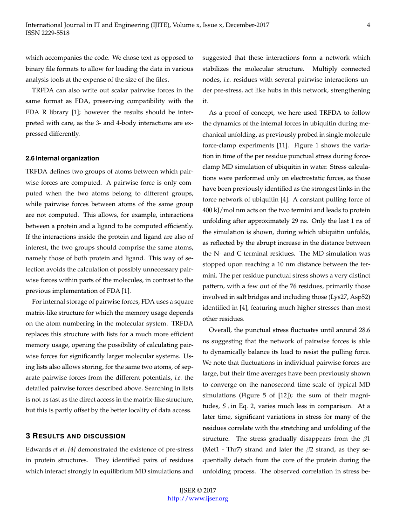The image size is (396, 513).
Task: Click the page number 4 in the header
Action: pos(368,25)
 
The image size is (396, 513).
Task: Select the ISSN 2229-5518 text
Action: pos(48,33)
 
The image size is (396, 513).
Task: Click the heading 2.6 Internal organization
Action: pos(62,158)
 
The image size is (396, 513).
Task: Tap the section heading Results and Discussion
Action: pos(75,436)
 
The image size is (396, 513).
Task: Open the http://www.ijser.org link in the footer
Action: pos(198,499)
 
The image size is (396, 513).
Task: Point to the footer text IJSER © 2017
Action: pos(198,491)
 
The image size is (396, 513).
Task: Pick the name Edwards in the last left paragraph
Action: pos(37,449)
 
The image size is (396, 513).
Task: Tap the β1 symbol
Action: pos(367,439)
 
